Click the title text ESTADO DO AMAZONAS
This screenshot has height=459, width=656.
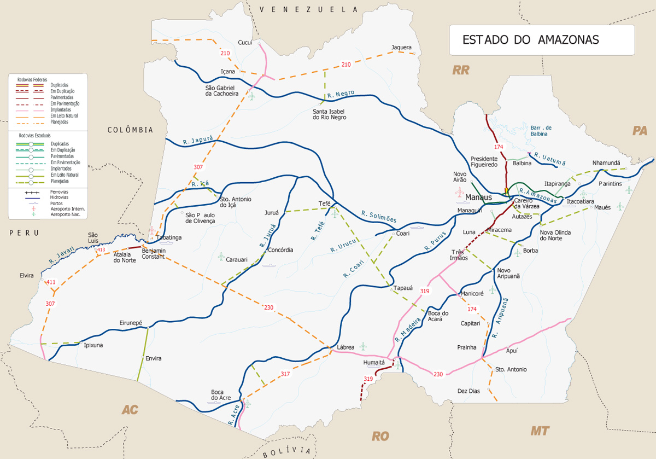pos(530,40)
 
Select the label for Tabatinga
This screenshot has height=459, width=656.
pos(169,238)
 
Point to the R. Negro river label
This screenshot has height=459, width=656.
pos(342,96)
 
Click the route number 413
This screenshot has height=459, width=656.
pos(101,250)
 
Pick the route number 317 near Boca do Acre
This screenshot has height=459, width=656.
pos(285,374)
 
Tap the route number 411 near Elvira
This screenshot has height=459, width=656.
pos(51,282)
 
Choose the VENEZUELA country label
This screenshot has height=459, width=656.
pos(308,9)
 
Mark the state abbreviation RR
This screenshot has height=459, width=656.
pos(461,70)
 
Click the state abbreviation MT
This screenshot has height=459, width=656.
pos(540,431)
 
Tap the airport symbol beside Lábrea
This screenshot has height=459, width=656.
pos(363,346)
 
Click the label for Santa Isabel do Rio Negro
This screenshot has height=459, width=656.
pos(329,114)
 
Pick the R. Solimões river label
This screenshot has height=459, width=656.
pos(378,216)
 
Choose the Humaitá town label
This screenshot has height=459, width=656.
pos(374,363)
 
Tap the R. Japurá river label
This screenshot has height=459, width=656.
pos(198,140)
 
